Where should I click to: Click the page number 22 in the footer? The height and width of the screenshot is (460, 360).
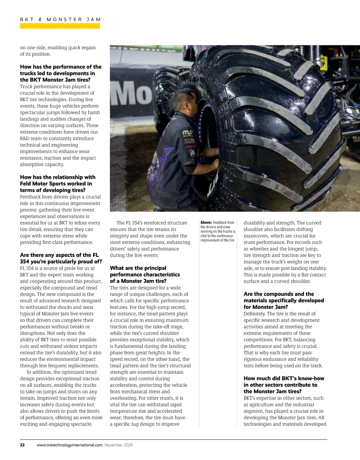tap(22, 445)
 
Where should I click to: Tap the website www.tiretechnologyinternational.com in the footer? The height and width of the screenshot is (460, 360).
tap(70, 445)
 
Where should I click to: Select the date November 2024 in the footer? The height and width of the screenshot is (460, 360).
tap(118, 445)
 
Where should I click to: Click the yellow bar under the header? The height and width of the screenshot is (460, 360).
tap(60, 26)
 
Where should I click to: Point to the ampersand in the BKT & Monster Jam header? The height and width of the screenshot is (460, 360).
tap(40, 19)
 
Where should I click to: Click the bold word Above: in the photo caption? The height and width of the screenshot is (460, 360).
tap(206, 223)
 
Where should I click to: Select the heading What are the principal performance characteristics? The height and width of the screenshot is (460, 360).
tap(145, 275)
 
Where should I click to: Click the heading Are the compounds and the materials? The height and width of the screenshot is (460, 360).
tap(283, 300)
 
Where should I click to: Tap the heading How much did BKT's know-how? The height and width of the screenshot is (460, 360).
tap(283, 385)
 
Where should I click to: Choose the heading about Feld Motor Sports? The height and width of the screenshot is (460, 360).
tap(58, 184)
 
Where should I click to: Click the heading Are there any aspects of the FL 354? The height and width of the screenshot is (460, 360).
tap(61, 258)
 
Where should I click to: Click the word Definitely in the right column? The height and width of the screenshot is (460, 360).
tap(254, 314)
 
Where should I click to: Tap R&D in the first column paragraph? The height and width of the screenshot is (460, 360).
tap(26, 138)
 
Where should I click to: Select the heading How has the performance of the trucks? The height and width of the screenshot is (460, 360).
tap(61, 73)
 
